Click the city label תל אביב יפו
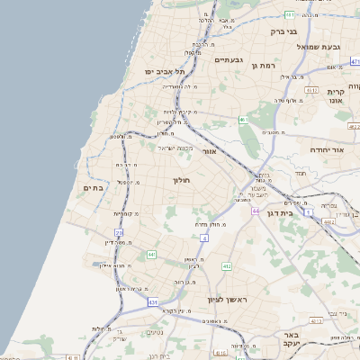(x=166, y=71)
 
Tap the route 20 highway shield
(x=119, y=233)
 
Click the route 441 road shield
(x=150, y=256)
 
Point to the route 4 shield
(x=205, y=238)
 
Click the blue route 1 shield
(x=309, y=213)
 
